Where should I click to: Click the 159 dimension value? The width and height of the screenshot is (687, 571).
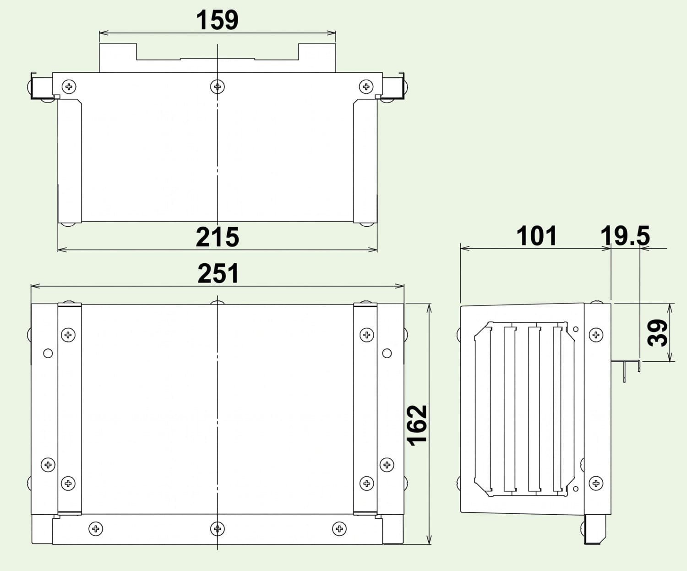(x=217, y=20)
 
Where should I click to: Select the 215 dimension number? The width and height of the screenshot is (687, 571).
(x=217, y=237)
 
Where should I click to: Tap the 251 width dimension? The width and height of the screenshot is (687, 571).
(x=218, y=273)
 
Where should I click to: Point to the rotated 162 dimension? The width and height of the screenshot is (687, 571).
(x=417, y=425)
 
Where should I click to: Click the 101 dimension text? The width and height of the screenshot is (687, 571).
(x=536, y=235)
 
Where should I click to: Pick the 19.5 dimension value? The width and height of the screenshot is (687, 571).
(x=625, y=235)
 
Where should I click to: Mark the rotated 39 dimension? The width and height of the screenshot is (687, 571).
(x=657, y=332)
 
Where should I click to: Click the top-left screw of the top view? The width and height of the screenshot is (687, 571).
(x=69, y=87)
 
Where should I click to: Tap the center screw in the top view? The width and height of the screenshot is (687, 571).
(x=217, y=87)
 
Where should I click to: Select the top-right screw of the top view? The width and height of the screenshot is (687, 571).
(x=366, y=87)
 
